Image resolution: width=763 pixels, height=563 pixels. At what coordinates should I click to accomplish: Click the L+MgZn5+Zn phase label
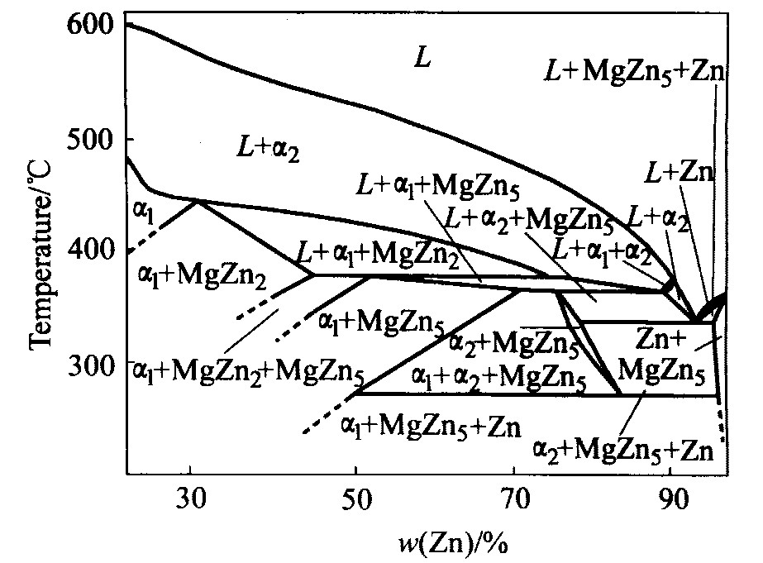pos(635,72)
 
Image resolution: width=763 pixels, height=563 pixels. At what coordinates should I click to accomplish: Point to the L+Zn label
pos(680,173)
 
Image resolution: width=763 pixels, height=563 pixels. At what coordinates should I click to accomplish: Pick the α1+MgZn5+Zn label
pos(430,427)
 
